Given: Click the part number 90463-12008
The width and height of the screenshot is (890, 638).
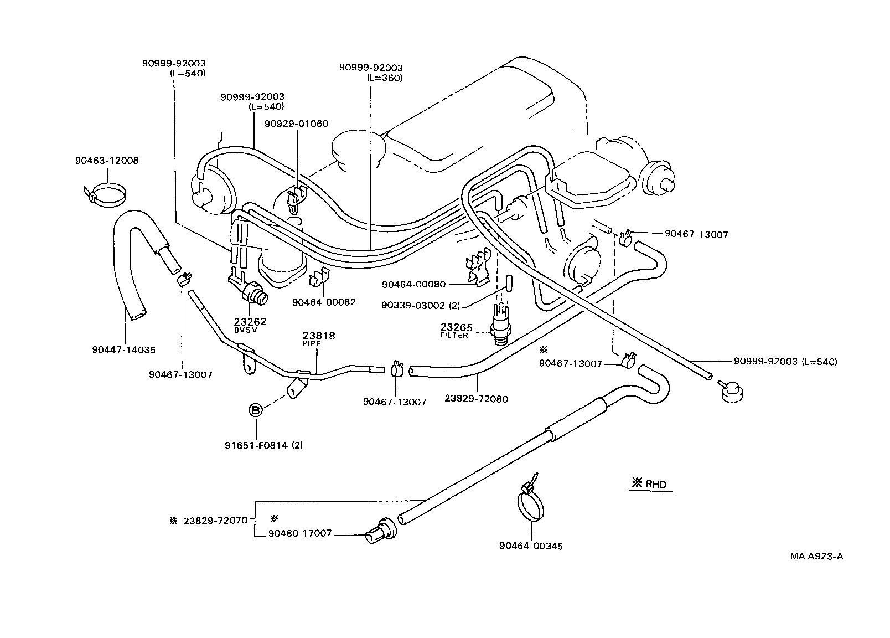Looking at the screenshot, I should pyautogui.click(x=107, y=161).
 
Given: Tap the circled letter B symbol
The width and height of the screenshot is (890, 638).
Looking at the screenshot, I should pyautogui.click(x=255, y=410).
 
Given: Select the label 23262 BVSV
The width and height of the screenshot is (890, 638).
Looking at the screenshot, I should pyautogui.click(x=250, y=325).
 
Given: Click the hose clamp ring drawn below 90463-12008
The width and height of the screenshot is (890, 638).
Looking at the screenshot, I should pyautogui.click(x=106, y=195).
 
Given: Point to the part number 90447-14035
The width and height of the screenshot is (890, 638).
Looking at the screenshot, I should pyautogui.click(x=124, y=350).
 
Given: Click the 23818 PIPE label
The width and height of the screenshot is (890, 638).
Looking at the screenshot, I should pyautogui.click(x=319, y=339).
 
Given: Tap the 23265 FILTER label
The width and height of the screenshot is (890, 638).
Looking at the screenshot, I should pyautogui.click(x=456, y=331).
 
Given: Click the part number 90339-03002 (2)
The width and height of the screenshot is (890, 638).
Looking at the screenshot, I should pyautogui.click(x=421, y=305).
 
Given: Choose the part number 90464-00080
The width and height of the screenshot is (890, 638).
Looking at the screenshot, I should pyautogui.click(x=413, y=285).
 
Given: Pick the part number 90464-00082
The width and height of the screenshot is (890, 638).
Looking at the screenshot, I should pyautogui.click(x=324, y=302).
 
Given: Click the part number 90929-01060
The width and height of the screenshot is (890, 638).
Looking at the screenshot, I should pyautogui.click(x=296, y=124).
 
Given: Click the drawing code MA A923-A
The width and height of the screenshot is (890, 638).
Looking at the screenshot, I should pyautogui.click(x=816, y=557).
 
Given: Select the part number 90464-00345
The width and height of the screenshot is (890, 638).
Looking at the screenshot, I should pyautogui.click(x=530, y=546).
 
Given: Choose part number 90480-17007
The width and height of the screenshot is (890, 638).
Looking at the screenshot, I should pyautogui.click(x=300, y=533).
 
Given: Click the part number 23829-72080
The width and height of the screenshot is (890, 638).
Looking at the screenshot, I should pyautogui.click(x=476, y=399).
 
